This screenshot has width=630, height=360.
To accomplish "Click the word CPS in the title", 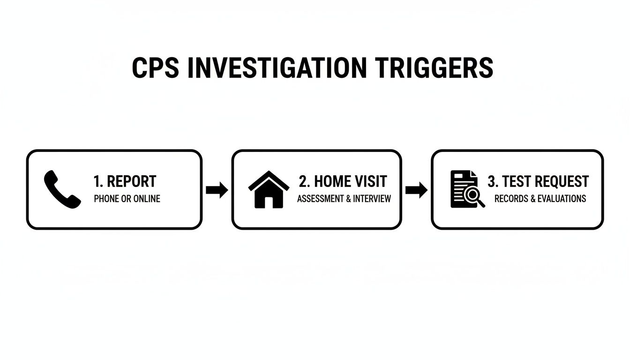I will pyautogui.click(x=155, y=68).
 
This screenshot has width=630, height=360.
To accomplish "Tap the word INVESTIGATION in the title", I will pyautogui.click(x=277, y=68).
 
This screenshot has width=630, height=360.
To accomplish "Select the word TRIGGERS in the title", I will pyautogui.click(x=434, y=68).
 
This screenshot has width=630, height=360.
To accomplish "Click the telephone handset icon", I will pyautogui.click(x=62, y=189).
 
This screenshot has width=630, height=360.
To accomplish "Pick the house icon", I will pyautogui.click(x=269, y=189).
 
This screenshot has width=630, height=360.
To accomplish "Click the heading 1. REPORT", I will pyautogui.click(x=125, y=181).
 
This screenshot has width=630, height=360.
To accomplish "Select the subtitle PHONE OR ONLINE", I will pyautogui.click(x=127, y=199).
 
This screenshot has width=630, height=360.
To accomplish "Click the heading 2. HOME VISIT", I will pyautogui.click(x=343, y=181).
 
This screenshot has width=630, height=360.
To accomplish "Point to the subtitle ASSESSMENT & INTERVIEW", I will pyautogui.click(x=344, y=199).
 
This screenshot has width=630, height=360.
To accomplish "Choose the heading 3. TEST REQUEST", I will pyautogui.click(x=538, y=181).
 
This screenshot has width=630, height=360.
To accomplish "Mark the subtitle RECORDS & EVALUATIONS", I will pyautogui.click(x=540, y=199).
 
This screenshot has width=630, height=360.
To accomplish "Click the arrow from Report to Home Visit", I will pyautogui.click(x=217, y=190).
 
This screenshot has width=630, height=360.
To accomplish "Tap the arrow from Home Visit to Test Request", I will pyautogui.click(x=416, y=190).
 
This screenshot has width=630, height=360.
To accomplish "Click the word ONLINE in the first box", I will pyautogui.click(x=147, y=199).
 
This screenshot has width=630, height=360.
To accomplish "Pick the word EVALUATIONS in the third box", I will pyautogui.click(x=562, y=199).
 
